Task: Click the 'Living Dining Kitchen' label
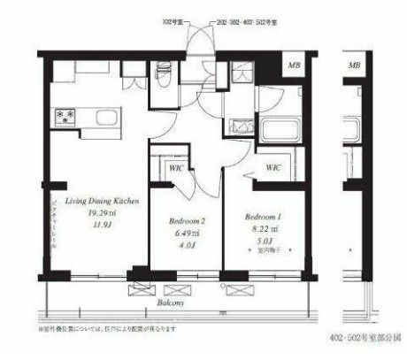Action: pyautogui.click(x=94, y=201)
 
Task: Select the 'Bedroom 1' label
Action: pyautogui.click(x=263, y=215)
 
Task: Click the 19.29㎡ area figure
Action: pyautogui.click(x=94, y=213)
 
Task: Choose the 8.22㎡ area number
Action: pyautogui.click(x=263, y=228)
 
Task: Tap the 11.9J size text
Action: pyautogui.click(x=94, y=226)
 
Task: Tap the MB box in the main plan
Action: pyautogui.click(x=293, y=65)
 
